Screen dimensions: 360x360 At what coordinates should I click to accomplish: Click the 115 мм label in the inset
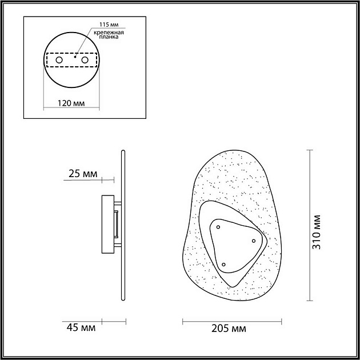coord(109,25)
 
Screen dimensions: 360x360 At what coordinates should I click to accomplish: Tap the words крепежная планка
coord(109,34)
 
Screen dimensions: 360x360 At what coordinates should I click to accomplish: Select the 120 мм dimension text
coord(71,103)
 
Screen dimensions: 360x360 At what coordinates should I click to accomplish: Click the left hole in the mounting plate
coord(59,60)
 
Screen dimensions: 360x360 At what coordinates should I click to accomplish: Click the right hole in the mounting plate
coord(85,60)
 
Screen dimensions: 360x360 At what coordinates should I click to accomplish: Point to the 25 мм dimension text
coord(83,174)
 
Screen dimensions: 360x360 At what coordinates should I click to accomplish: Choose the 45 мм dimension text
coord(81,327)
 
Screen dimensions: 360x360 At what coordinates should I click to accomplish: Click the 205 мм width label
coord(229,329)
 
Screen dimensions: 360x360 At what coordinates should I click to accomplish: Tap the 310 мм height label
coord(317,232)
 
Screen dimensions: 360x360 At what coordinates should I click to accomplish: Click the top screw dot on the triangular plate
coord(218,227)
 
